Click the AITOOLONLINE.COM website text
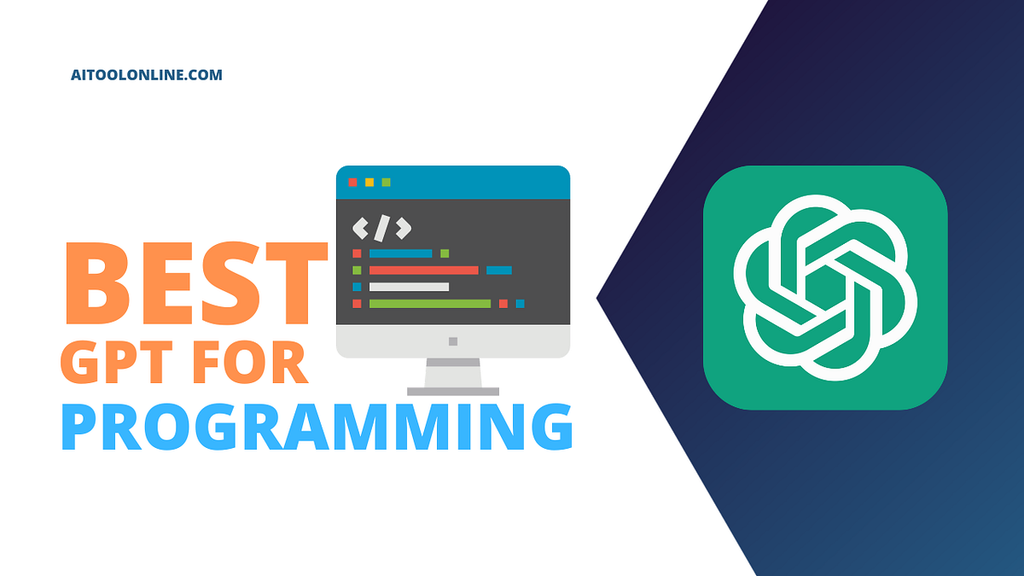click(x=146, y=75)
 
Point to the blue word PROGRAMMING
click(x=317, y=428)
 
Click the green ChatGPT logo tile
click(x=825, y=288)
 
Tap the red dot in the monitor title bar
click(x=352, y=182)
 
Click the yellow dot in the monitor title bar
click(x=369, y=182)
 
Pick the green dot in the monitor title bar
click(x=386, y=182)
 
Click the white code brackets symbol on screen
click(x=381, y=228)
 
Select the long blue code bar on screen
click(x=400, y=253)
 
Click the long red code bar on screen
click(x=423, y=270)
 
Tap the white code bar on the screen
click(x=409, y=287)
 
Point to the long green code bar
click(x=429, y=303)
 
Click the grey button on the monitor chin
click(x=452, y=341)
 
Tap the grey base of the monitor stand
click(x=452, y=391)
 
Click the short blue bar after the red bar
click(x=498, y=270)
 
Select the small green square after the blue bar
click(x=445, y=253)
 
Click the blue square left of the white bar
click(x=357, y=287)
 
